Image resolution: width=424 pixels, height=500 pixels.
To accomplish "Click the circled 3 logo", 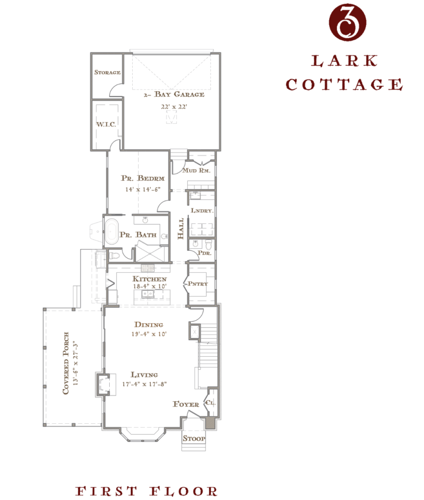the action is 347,22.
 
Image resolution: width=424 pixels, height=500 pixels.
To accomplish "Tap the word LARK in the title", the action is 344,61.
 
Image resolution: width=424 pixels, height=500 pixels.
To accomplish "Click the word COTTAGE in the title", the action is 344,85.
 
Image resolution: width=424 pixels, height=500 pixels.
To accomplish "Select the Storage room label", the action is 107,72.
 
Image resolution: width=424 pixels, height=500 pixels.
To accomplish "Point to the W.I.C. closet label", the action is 106,124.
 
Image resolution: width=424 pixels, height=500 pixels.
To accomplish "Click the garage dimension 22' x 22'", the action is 174,107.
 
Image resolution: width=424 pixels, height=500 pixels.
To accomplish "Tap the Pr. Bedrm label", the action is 142,178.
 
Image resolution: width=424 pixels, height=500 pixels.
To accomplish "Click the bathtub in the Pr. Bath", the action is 111,232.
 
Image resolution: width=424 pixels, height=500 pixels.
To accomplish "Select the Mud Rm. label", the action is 197,170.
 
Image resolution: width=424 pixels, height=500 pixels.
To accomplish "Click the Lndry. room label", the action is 202,211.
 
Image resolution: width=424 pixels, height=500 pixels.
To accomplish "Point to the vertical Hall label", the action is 181,229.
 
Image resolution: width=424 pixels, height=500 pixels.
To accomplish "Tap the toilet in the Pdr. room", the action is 208,245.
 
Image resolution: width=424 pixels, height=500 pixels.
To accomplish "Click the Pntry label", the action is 198,283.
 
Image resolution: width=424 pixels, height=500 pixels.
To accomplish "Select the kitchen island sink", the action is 147,294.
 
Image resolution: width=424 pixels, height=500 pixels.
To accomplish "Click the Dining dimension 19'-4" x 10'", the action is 149,334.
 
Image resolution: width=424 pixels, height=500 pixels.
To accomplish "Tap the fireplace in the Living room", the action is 103,384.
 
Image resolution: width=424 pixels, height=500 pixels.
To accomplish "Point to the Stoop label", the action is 194,438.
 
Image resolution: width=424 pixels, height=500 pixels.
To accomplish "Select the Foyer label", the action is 186,404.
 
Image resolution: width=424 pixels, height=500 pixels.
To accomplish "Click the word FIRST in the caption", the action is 106,491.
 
